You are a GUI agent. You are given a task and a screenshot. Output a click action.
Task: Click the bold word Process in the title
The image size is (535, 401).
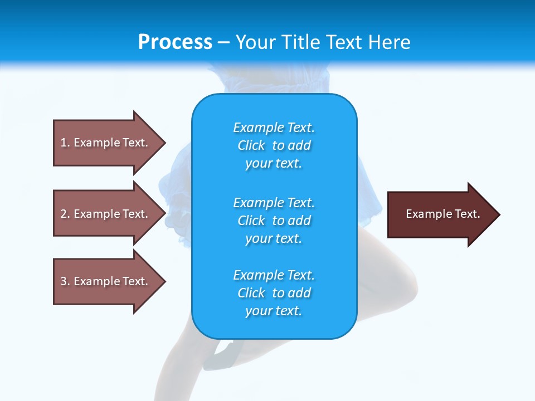click(x=175, y=42)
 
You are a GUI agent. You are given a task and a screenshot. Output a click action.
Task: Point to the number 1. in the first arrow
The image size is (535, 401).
click(x=65, y=143)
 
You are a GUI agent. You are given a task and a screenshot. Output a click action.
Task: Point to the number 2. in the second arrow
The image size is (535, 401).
click(x=65, y=214)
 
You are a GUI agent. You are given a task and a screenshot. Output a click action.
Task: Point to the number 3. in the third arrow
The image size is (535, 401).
click(x=65, y=281)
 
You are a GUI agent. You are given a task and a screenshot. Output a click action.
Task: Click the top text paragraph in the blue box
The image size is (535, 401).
click(x=274, y=145)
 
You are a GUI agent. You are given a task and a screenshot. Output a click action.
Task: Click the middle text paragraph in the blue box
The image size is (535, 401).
click(x=274, y=221)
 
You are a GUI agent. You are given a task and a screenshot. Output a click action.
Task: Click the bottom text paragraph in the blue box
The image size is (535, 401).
click(x=274, y=293)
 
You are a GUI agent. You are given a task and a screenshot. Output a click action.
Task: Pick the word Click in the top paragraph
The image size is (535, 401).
click(x=251, y=145)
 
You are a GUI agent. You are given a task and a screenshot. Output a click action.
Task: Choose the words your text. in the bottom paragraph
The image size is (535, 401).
click(x=274, y=311)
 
